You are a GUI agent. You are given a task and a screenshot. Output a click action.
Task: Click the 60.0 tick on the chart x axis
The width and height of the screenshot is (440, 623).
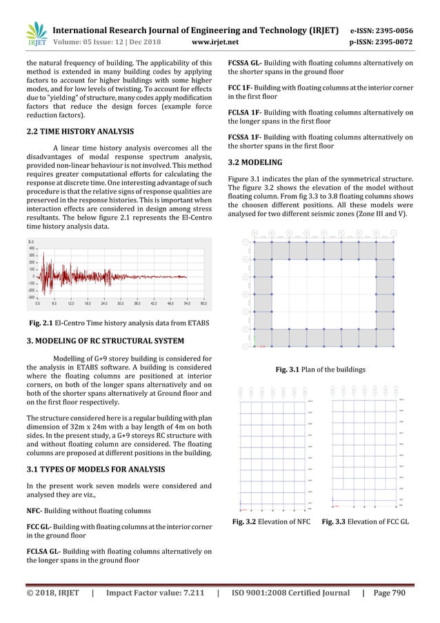[203, 303]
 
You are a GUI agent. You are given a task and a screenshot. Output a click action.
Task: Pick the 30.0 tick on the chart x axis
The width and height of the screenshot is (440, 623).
[120, 303]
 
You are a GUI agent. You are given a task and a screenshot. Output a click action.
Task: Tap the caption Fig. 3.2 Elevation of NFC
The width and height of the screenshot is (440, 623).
[270, 519]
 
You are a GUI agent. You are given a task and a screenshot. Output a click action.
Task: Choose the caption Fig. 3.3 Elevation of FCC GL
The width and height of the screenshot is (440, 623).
[366, 519]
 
